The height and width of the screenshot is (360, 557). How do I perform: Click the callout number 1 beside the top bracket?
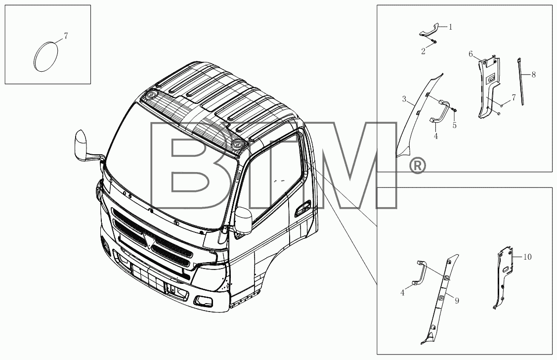tap(450, 27)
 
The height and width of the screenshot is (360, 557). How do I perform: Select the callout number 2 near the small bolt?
tap(423, 51)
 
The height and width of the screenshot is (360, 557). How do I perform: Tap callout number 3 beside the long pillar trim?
tap(404, 99)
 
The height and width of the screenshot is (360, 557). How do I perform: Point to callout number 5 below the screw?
tap(454, 126)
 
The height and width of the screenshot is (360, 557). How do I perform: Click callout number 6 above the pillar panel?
tap(471, 54)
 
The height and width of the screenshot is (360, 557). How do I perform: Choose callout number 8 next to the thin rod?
tap(534, 75)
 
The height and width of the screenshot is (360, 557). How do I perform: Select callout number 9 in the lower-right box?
tap(457, 301)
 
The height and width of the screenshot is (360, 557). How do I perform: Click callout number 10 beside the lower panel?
tap(527, 257)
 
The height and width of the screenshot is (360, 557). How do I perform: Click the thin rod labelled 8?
tap(521, 81)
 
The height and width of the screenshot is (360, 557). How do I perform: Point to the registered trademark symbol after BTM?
tap(417, 166)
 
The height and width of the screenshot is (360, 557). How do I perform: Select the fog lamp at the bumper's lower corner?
tap(204, 301)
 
